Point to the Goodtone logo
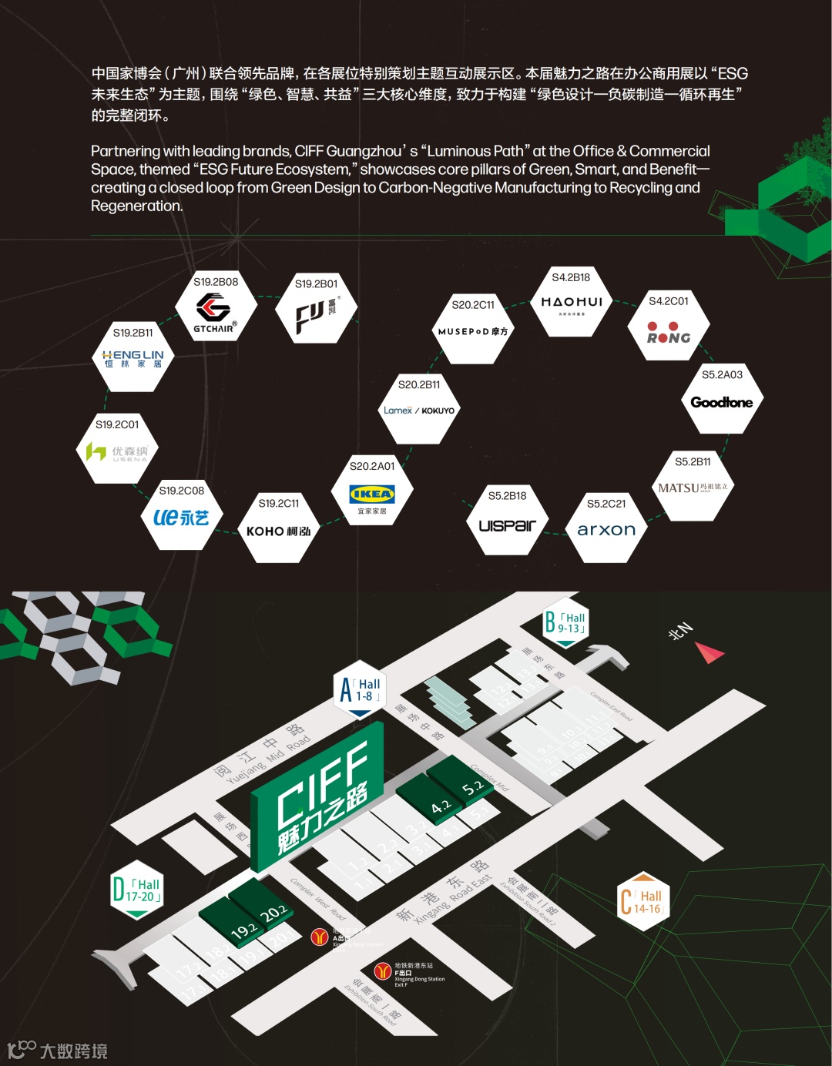tap(722, 402)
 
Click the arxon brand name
tap(606, 530)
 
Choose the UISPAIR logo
tap(507, 525)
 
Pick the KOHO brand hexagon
tap(278, 531)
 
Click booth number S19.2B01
tap(316, 284)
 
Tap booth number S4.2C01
tap(669, 301)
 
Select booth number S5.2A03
tap(722, 375)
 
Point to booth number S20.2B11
tap(419, 384)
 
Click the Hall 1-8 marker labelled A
tap(361, 689)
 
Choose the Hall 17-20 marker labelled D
tap(137, 890)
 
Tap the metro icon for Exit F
tap(382, 972)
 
